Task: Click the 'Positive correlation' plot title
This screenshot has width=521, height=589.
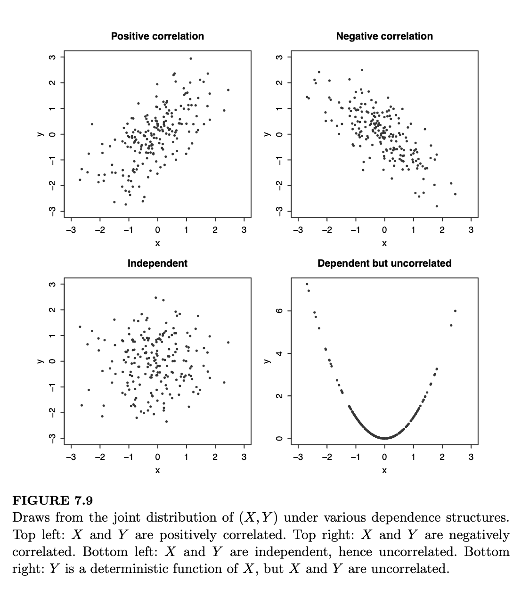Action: (x=157, y=36)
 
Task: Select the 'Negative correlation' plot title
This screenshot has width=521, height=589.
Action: (x=384, y=36)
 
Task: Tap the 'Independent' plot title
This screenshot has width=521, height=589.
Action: (x=157, y=263)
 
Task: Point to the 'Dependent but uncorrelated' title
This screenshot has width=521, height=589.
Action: (x=384, y=263)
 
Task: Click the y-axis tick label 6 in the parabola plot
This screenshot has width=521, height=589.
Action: (x=279, y=311)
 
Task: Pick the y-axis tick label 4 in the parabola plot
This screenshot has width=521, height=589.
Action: (x=279, y=353)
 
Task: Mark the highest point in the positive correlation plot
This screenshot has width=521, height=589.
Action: (x=191, y=58)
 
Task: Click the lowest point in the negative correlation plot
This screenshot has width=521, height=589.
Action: (x=437, y=206)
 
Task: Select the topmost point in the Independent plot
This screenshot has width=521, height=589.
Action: (x=156, y=297)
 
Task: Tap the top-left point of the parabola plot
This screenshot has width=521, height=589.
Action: (x=307, y=284)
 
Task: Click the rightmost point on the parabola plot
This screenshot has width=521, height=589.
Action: (x=455, y=311)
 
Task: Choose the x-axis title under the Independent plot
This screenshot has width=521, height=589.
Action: (x=157, y=470)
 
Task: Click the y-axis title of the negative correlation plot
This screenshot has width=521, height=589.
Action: (x=267, y=134)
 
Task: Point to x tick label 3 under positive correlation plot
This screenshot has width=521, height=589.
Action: (x=244, y=230)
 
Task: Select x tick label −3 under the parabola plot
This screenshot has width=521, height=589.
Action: (x=298, y=457)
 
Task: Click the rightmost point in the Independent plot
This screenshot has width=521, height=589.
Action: (x=228, y=342)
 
